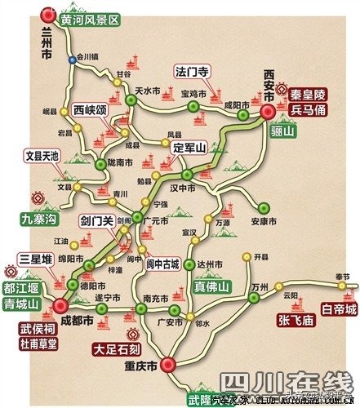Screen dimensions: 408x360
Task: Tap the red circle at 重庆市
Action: click(x=168, y=364)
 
